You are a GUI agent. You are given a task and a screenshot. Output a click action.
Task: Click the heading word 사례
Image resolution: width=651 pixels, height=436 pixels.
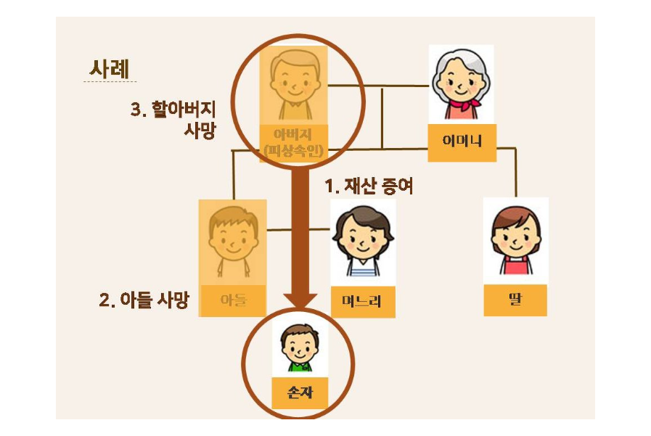coord(110,70)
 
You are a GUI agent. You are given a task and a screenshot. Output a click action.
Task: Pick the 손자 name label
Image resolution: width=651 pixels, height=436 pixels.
coord(296,392)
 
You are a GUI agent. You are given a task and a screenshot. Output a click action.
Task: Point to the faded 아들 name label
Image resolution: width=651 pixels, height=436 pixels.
coord(234,300)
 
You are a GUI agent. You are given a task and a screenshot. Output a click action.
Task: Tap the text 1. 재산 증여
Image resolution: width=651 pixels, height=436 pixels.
coord(369,187)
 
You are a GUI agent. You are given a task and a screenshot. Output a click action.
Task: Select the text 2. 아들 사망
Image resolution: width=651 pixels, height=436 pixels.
coord(143,300)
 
